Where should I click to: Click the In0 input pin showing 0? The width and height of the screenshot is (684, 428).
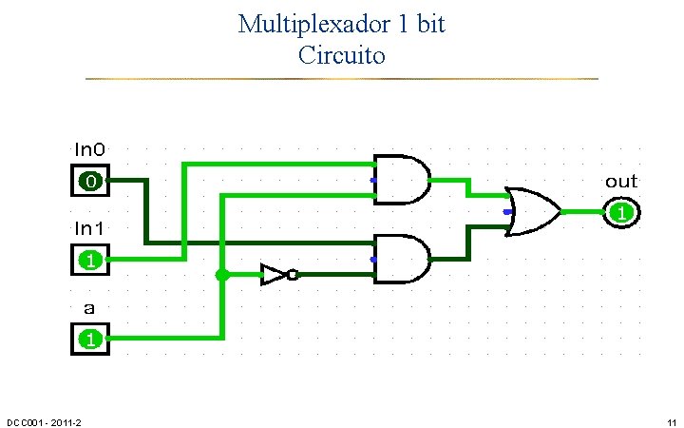(x=90, y=180)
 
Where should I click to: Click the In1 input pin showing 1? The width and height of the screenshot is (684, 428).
(x=90, y=259)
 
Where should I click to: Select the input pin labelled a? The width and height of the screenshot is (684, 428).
(x=90, y=338)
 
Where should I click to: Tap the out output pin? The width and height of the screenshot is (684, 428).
(x=620, y=212)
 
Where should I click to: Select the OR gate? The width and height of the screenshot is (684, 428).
(x=533, y=211)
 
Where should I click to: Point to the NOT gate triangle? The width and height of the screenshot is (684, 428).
(x=274, y=276)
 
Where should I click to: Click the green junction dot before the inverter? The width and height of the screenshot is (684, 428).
(x=222, y=276)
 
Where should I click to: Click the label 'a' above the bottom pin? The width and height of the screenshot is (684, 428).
(x=89, y=308)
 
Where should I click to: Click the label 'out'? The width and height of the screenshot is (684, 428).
(x=621, y=181)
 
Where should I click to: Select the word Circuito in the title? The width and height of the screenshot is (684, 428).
(x=342, y=55)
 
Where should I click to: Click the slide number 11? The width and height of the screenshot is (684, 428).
(x=671, y=422)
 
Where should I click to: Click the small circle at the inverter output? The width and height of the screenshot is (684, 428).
(x=293, y=276)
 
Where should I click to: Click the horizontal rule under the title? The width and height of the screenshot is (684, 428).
(x=342, y=78)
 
